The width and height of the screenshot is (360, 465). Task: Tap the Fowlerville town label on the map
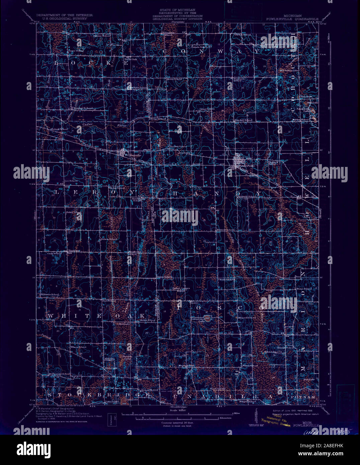246,166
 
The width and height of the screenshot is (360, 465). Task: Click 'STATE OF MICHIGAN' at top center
177,10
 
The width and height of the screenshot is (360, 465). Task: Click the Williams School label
50,294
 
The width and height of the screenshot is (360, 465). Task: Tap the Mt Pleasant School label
59,374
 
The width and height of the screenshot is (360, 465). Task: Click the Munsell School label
247,317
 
